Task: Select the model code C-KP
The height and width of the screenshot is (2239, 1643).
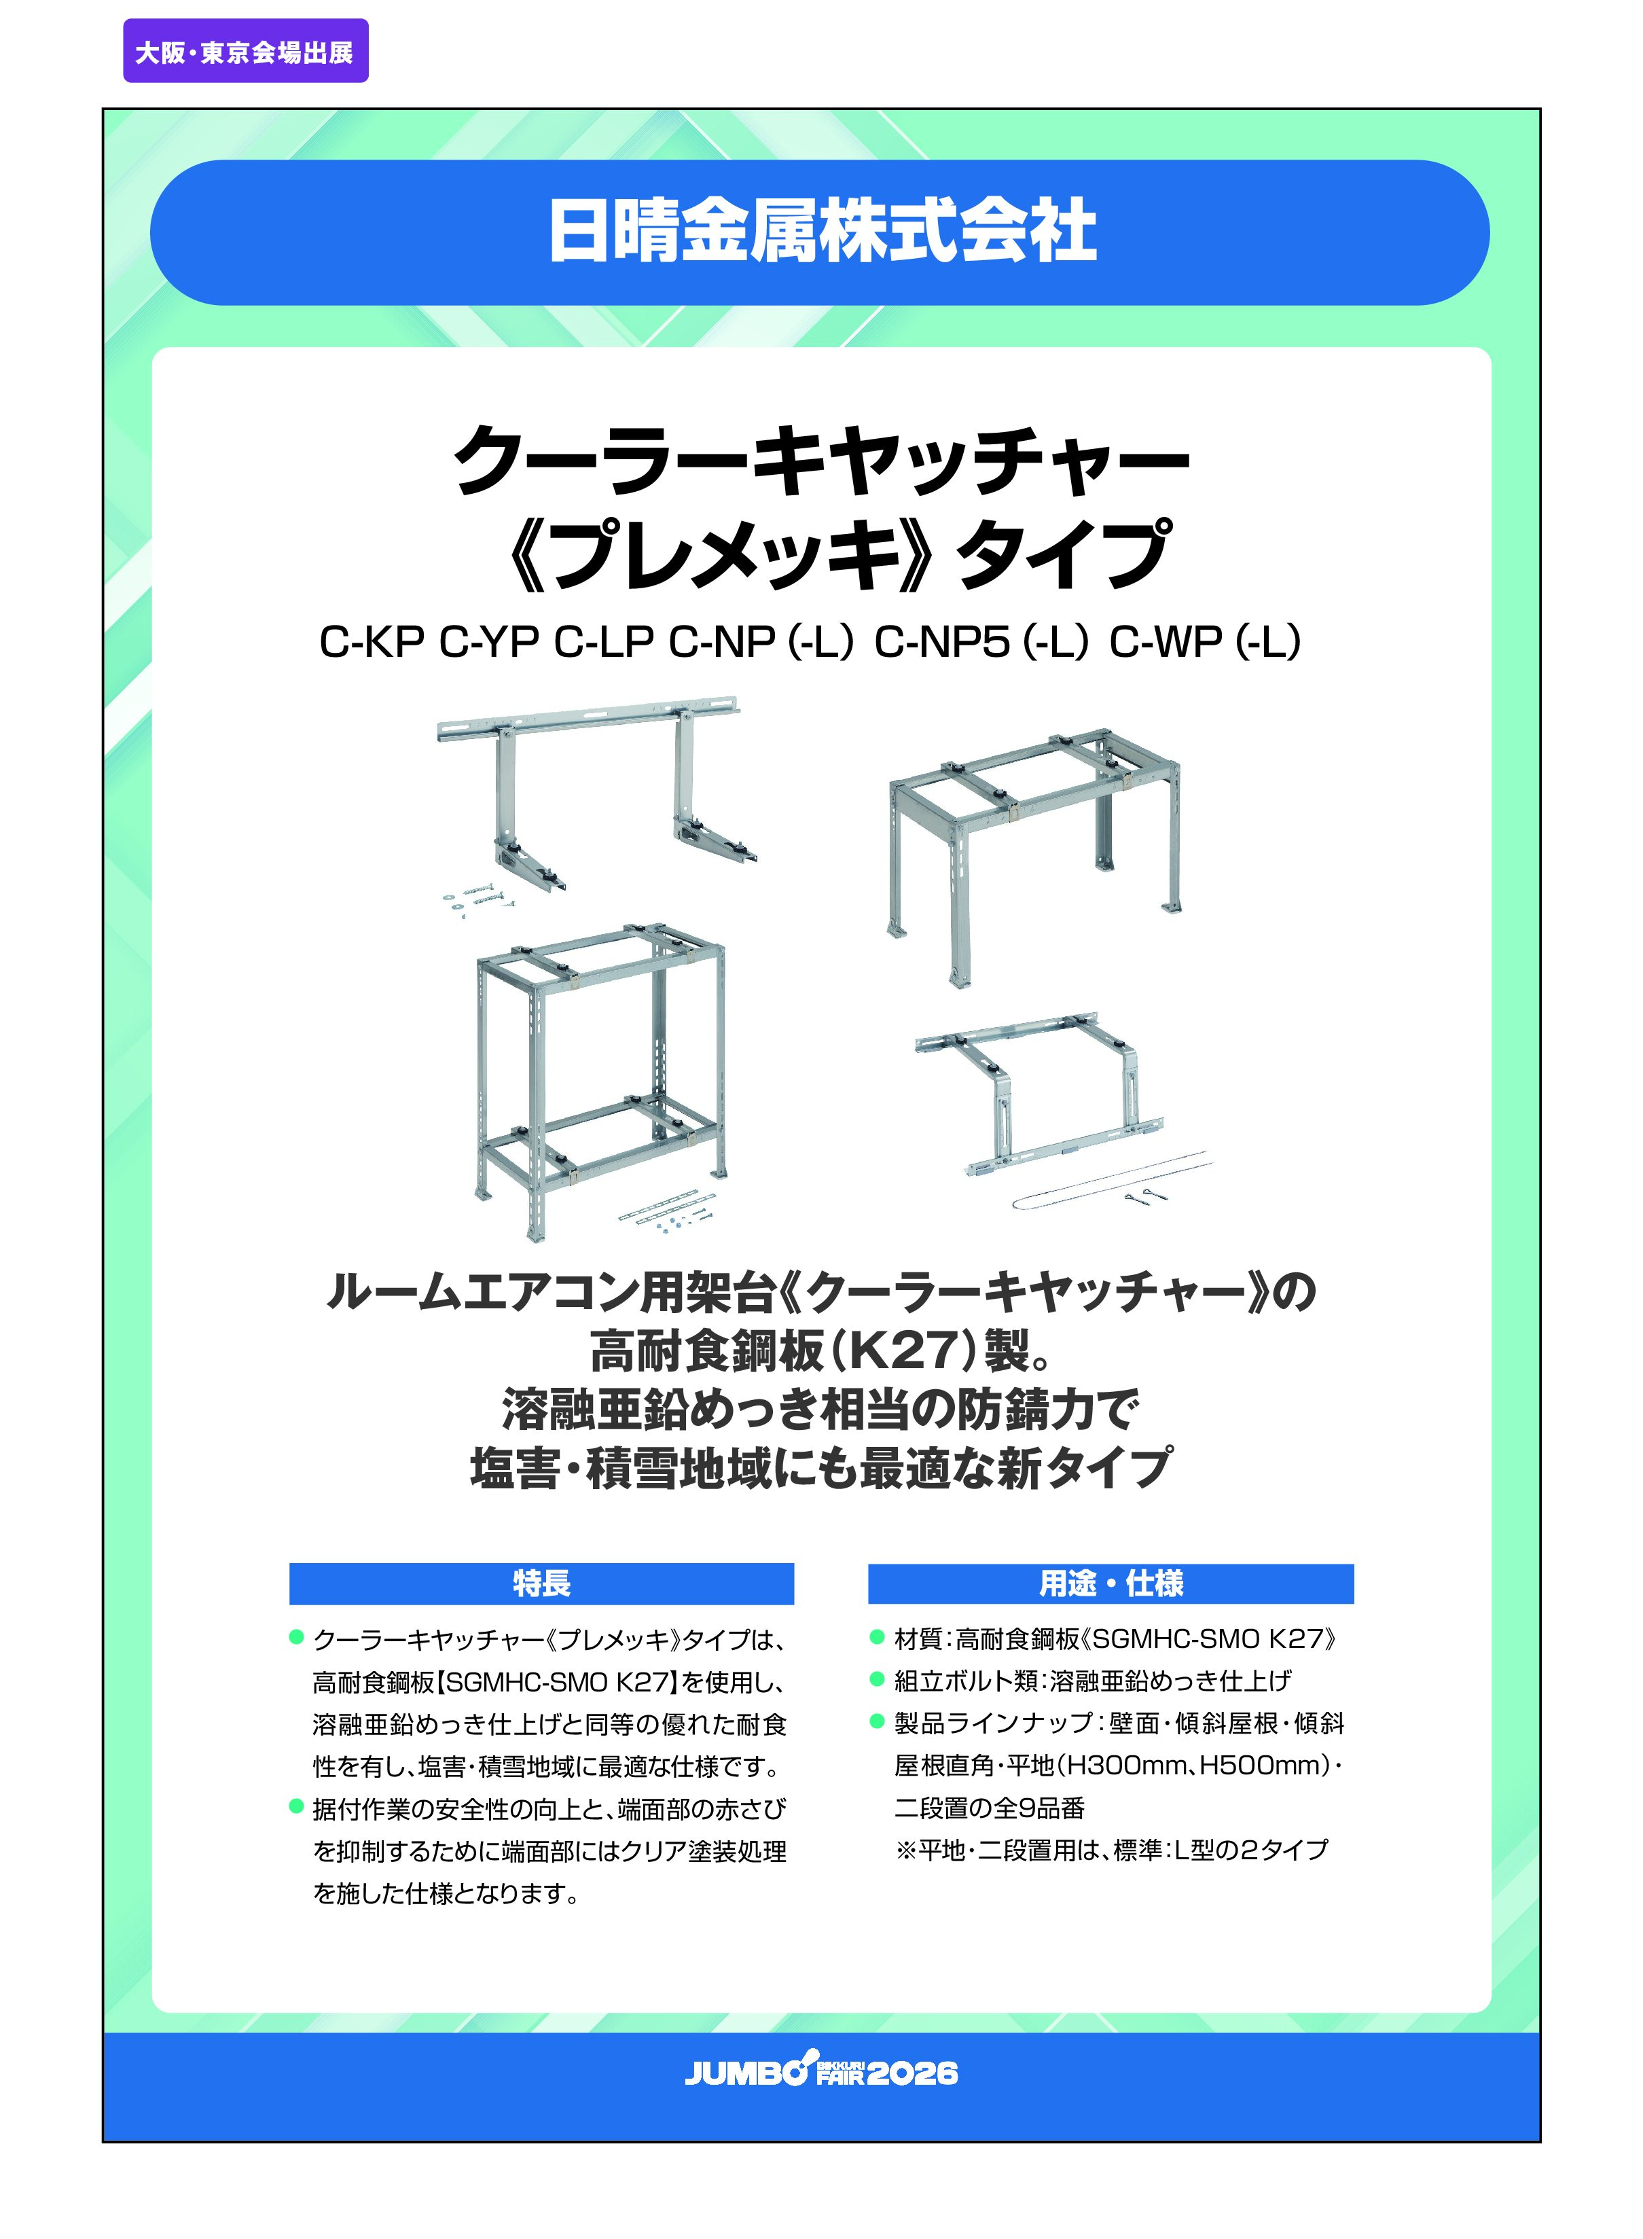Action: [x=371, y=643]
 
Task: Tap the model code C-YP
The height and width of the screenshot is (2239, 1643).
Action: [x=488, y=643]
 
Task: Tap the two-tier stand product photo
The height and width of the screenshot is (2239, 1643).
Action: [x=600, y=1084]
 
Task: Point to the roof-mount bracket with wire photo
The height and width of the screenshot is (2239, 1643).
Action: [x=1059, y=1109]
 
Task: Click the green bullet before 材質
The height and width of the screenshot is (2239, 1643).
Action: [x=878, y=1637]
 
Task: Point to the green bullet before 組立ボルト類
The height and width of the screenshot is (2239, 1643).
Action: [x=878, y=1679]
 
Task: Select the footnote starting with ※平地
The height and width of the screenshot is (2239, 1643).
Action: [x=1111, y=1849]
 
